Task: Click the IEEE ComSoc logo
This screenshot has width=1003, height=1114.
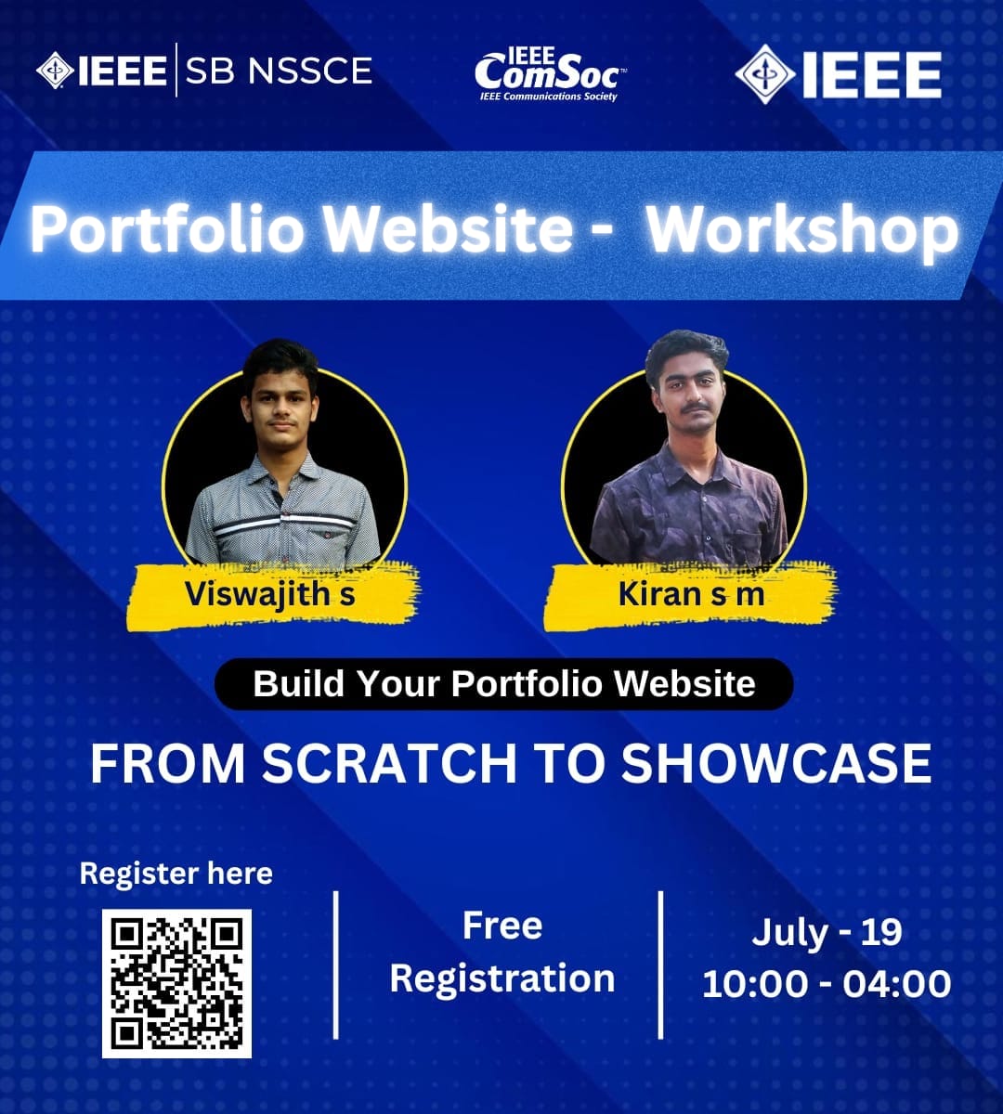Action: (x=549, y=72)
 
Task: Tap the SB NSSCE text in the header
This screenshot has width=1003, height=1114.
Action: (x=279, y=71)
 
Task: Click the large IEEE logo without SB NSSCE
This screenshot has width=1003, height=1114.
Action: (x=839, y=73)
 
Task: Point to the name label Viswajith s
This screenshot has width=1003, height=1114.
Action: (x=270, y=593)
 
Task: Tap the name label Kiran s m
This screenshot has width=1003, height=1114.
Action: (x=691, y=594)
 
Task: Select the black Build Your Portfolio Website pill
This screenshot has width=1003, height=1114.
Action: (x=504, y=684)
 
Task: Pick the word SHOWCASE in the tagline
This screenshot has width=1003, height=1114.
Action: (x=776, y=763)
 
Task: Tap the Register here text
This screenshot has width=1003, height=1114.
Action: (x=176, y=874)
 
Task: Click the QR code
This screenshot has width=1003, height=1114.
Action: (x=176, y=983)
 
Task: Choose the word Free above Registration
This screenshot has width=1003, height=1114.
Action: (x=502, y=926)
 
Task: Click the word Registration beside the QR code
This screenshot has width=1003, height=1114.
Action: (x=502, y=978)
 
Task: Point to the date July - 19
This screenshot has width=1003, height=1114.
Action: (x=827, y=932)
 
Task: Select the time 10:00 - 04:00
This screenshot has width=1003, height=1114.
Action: (x=827, y=984)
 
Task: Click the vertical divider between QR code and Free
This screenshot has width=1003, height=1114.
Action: (x=335, y=965)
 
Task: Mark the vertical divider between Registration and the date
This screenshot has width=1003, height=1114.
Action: (x=660, y=965)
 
